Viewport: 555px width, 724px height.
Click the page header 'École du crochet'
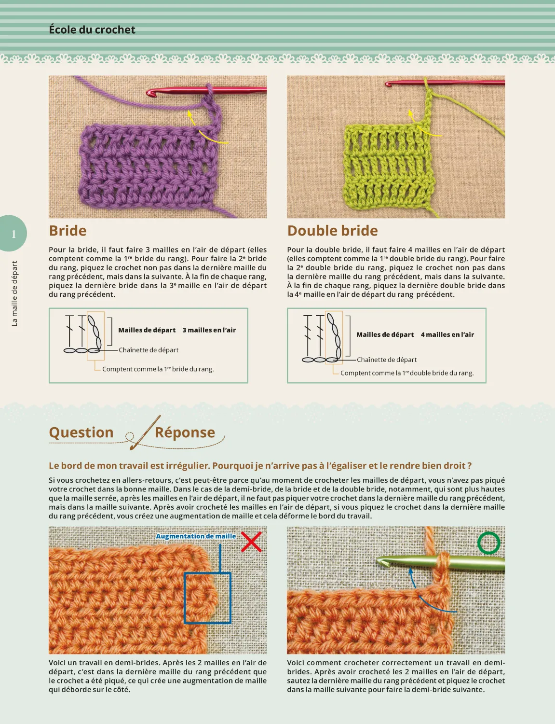pyautogui.click(x=92, y=30)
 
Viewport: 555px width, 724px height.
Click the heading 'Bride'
pyautogui.click(x=68, y=231)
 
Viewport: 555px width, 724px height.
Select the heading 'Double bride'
pyautogui.click(x=332, y=231)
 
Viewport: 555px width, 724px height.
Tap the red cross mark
pyautogui.click(x=251, y=542)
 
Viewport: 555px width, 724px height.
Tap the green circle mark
pyautogui.click(x=488, y=543)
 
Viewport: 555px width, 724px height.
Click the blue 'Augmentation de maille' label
pyautogui.click(x=196, y=536)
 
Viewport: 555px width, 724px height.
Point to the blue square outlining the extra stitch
pyautogui.click(x=207, y=598)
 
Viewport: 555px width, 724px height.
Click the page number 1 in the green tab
pyautogui.click(x=14, y=234)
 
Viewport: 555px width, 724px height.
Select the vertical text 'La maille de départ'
pyautogui.click(x=14, y=293)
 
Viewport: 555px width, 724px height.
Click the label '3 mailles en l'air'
pyautogui.click(x=209, y=330)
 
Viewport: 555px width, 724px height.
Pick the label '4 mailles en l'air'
pyautogui.click(x=447, y=334)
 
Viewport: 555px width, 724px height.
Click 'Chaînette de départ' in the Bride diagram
pyautogui.click(x=149, y=350)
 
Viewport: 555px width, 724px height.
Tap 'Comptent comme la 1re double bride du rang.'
pyautogui.click(x=406, y=373)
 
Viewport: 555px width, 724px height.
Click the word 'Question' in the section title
pyautogui.click(x=81, y=432)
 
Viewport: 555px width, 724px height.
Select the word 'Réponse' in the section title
pyautogui.click(x=185, y=432)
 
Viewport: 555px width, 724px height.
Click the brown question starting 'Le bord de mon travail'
pyautogui.click(x=260, y=466)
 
